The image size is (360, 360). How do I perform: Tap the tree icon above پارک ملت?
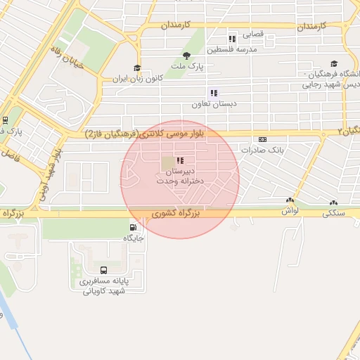tap(186, 56)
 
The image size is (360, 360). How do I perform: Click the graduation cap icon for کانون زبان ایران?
tap(137, 69)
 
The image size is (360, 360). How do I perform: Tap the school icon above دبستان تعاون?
tap(213, 92)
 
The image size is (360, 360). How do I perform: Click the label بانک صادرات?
tap(261, 150)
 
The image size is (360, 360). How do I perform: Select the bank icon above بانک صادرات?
tap(262, 139)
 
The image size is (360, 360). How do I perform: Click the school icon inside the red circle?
tap(181, 161)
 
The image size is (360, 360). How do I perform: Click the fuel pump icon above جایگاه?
tap(134, 227)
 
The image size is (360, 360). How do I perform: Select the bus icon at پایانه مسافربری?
tap(104, 270)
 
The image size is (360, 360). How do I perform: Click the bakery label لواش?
tap(290, 210)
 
